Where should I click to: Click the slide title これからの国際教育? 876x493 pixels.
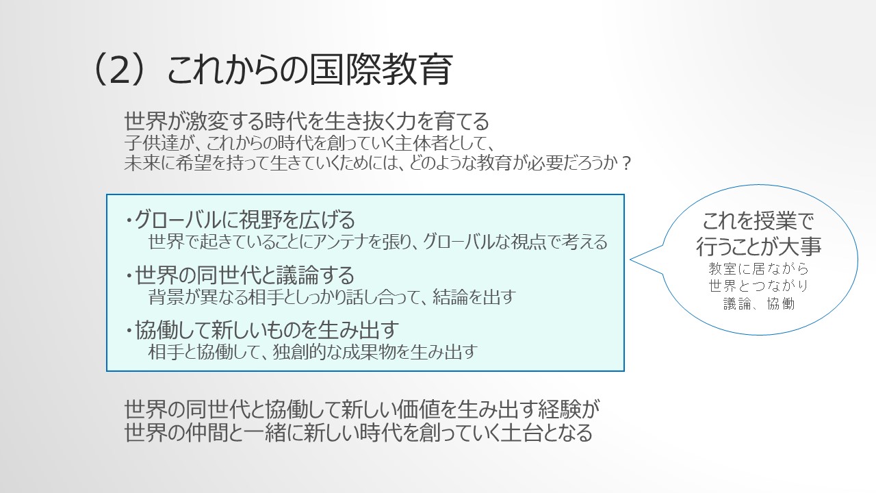310,70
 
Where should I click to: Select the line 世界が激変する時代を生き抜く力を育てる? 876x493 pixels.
307,121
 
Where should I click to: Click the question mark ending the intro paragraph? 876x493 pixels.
626,164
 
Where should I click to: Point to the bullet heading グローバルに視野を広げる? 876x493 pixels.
245,220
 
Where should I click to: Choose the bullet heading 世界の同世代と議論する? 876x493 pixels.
244,275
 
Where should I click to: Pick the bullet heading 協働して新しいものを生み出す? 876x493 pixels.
267,330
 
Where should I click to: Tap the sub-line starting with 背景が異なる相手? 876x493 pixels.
332,297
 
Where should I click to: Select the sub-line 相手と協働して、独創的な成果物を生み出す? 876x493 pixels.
313,352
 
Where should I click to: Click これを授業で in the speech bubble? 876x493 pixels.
758,221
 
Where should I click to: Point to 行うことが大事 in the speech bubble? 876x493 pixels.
758,246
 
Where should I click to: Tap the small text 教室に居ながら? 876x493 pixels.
758,269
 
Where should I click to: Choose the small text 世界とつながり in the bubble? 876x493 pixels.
758,286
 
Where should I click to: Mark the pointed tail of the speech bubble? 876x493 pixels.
630,259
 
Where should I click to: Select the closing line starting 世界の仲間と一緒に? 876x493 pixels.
358,433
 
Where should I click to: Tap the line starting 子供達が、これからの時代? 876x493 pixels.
308,143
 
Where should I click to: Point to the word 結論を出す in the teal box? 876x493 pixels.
474,297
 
